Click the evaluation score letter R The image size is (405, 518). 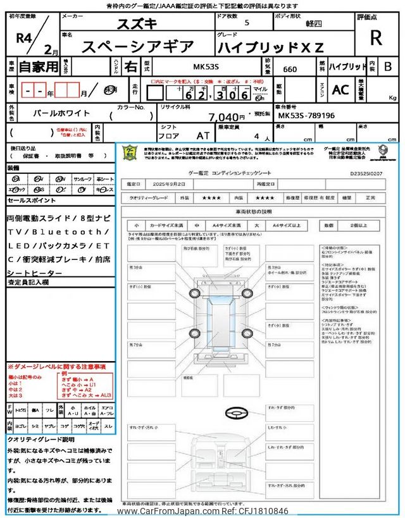pyautogui.click(x=376, y=38)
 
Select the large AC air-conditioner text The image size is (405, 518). pyautogui.click(x=340, y=90)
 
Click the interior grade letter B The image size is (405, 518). pyautogui.click(x=389, y=67)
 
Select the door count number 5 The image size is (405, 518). pyautogui.click(x=246, y=23)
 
